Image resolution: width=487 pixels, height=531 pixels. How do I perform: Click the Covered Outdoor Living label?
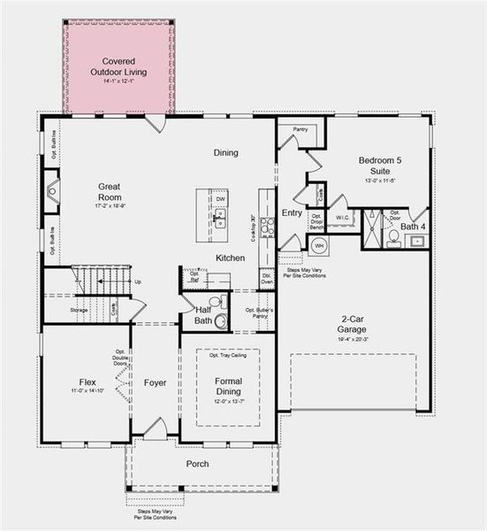click(118, 66)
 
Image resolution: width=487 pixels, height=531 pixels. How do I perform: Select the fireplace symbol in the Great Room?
click(52, 190)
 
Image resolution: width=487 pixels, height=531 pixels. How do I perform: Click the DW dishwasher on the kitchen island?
click(220, 200)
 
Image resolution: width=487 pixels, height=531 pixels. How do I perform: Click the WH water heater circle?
click(319, 245)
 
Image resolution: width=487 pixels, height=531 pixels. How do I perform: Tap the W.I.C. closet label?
click(341, 217)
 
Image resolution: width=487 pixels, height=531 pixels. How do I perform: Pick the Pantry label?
click(300, 129)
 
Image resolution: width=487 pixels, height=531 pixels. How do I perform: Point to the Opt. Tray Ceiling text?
click(227, 356)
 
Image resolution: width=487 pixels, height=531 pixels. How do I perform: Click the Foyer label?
click(156, 384)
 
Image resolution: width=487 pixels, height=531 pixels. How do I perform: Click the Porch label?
click(197, 464)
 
